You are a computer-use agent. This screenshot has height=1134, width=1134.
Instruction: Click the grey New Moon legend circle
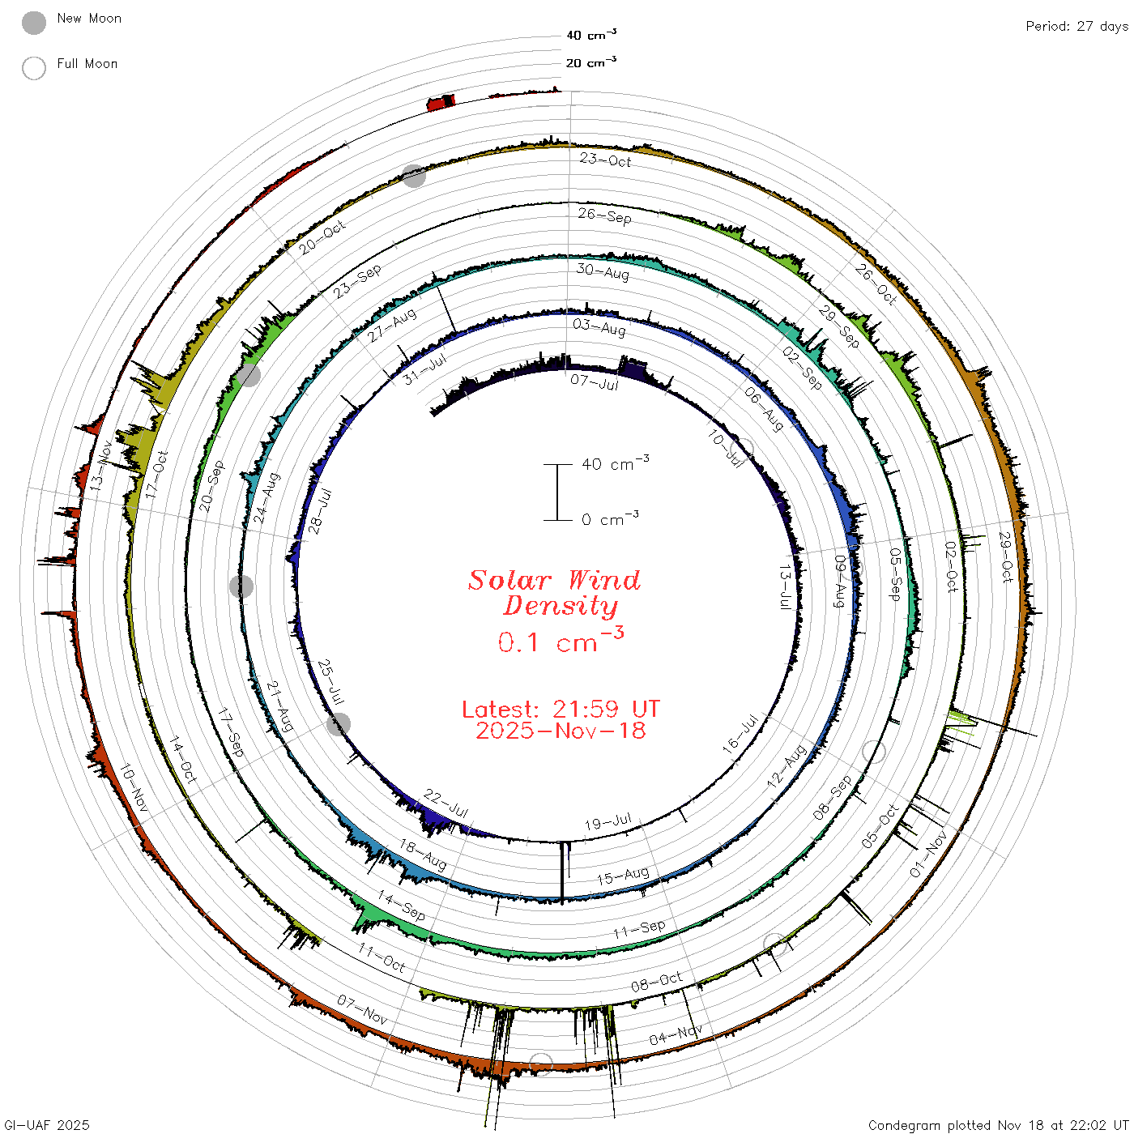(x=33, y=23)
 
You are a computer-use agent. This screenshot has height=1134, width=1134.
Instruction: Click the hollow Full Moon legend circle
(x=33, y=68)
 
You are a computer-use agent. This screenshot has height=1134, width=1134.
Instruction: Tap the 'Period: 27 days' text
(x=1076, y=27)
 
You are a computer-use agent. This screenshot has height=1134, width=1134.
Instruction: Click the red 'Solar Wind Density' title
(x=554, y=593)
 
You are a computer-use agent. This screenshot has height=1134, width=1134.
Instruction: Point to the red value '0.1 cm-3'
(x=561, y=640)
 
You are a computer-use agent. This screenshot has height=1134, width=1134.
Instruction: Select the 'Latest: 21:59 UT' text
(x=561, y=709)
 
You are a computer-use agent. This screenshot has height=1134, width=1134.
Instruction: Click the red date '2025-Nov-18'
(x=561, y=731)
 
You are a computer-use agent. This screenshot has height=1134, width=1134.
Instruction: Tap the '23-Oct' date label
(x=605, y=160)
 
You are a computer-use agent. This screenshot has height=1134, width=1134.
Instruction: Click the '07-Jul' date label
(x=595, y=382)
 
